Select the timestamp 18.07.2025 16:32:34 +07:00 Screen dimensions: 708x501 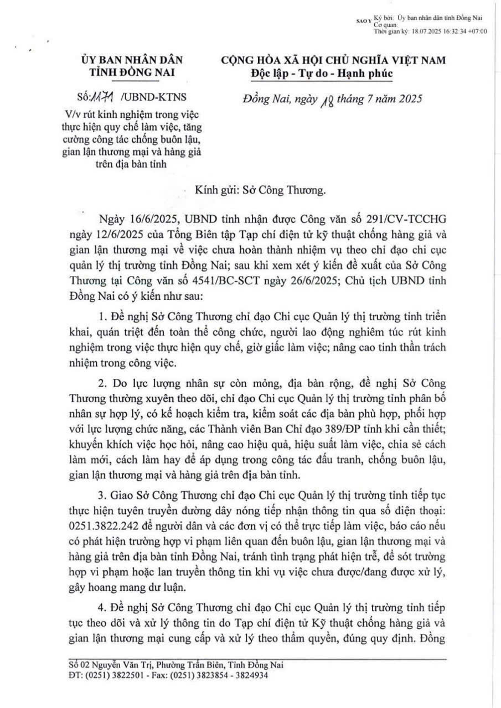(450, 32)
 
